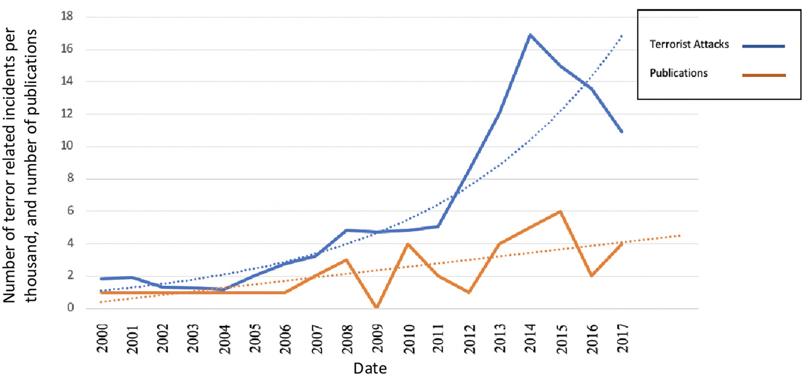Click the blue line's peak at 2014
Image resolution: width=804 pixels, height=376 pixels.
[x=530, y=35]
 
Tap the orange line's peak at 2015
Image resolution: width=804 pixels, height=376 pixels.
[x=560, y=211]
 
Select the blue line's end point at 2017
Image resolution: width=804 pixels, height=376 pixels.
[x=621, y=131]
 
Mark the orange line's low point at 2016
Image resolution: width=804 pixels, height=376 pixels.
[x=591, y=275]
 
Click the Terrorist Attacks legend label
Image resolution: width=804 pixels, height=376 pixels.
[x=689, y=45]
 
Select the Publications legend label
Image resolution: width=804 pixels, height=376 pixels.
[x=679, y=73]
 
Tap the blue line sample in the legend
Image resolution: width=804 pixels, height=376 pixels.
[x=763, y=46]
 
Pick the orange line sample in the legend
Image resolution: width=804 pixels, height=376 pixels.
[x=763, y=75]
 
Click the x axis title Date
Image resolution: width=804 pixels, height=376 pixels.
[x=369, y=368]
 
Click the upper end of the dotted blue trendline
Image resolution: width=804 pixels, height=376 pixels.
[x=622, y=36]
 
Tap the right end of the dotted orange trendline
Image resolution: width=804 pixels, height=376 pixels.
[x=680, y=235]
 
